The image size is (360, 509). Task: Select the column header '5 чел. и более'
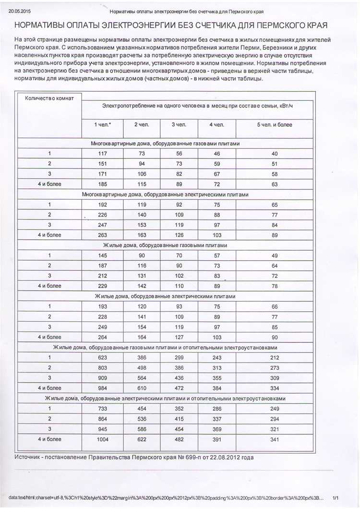tap(274, 125)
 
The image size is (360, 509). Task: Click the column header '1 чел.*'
tap(102, 125)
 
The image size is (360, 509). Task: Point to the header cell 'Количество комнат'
tap(49, 98)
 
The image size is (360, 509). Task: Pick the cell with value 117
tap(102, 154)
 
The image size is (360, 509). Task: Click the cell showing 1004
tap(102, 439)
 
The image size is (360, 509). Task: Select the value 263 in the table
tap(102, 235)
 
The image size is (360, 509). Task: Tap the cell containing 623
tap(102, 358)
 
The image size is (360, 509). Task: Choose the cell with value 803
tap(102, 368)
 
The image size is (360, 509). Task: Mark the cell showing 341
tap(274, 439)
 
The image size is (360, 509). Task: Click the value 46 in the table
tap(216, 154)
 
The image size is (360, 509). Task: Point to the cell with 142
tap(141, 286)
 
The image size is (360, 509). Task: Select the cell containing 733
tap(102, 409)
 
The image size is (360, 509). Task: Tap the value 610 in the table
tap(141, 388)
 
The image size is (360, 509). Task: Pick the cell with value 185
tap(102, 184)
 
